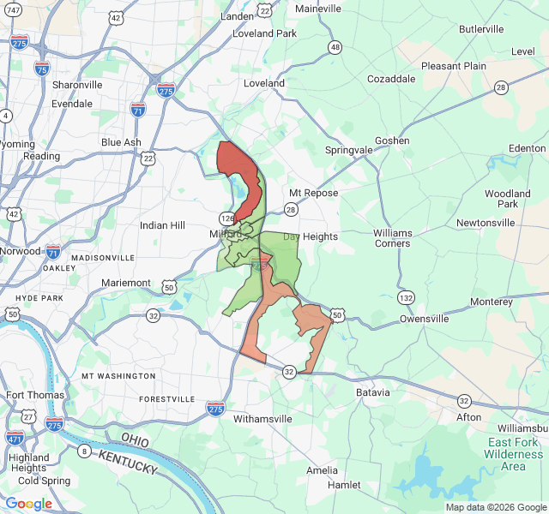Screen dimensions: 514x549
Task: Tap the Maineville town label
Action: (x=318, y=9)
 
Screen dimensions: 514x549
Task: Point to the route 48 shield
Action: (x=335, y=47)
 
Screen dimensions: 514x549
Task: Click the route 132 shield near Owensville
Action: (x=405, y=298)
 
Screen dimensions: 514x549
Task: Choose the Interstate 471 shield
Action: (x=15, y=439)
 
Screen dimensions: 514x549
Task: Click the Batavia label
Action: (x=373, y=392)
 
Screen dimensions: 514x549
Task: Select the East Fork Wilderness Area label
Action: (x=513, y=454)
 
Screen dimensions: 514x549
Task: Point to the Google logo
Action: (x=28, y=504)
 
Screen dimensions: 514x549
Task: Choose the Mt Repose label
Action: (x=313, y=193)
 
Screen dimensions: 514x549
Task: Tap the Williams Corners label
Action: (x=393, y=238)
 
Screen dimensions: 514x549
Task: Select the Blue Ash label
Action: (x=121, y=142)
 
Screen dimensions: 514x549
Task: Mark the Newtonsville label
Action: (x=486, y=223)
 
